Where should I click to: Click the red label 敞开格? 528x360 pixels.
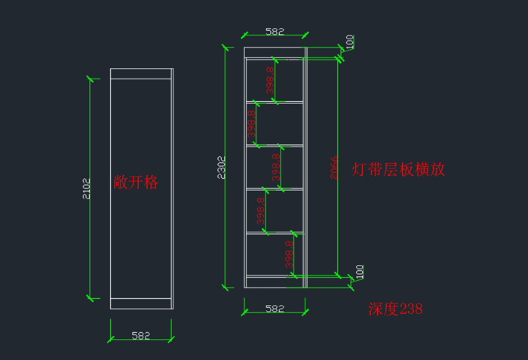(x=136, y=182)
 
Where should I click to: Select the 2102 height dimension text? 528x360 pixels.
(x=85, y=188)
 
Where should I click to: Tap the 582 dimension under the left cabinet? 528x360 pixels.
(x=141, y=335)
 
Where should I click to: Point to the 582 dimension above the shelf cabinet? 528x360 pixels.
(x=275, y=32)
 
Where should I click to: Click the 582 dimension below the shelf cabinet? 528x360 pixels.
(x=275, y=308)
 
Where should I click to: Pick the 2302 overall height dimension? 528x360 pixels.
(x=221, y=167)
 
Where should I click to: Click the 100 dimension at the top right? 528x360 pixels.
(x=350, y=42)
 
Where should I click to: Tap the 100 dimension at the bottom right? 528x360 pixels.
(x=359, y=271)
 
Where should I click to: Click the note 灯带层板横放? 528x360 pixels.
(x=399, y=169)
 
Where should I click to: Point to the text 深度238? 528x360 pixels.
(x=395, y=309)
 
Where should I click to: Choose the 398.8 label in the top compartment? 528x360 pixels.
(x=269, y=80)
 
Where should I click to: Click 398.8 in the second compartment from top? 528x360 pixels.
(x=251, y=124)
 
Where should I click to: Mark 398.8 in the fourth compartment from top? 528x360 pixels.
(x=260, y=211)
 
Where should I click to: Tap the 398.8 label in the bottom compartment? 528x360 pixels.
(x=288, y=254)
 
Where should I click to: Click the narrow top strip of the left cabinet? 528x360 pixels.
(x=141, y=73)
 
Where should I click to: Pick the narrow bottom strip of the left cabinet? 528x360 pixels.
(x=141, y=303)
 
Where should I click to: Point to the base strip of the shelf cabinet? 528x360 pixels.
(x=274, y=282)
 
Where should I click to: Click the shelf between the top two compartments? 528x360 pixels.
(x=274, y=102)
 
